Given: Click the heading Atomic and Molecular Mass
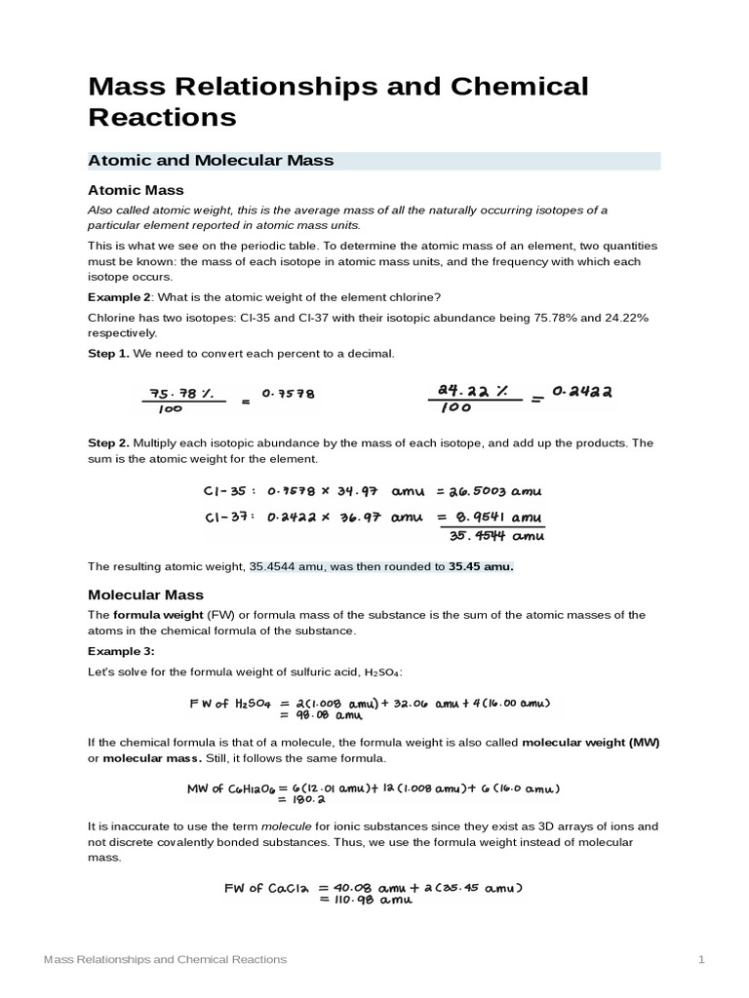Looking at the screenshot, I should point(211,161).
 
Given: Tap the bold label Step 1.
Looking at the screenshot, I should point(108,353).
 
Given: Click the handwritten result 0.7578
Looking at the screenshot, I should point(290,395).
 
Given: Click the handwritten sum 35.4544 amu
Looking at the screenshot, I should point(497,535).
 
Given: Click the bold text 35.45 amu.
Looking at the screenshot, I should point(481,566).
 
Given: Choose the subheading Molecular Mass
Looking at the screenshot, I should point(145,594).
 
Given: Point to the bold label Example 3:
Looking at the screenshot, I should point(122,651).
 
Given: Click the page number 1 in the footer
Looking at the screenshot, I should point(700,960).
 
